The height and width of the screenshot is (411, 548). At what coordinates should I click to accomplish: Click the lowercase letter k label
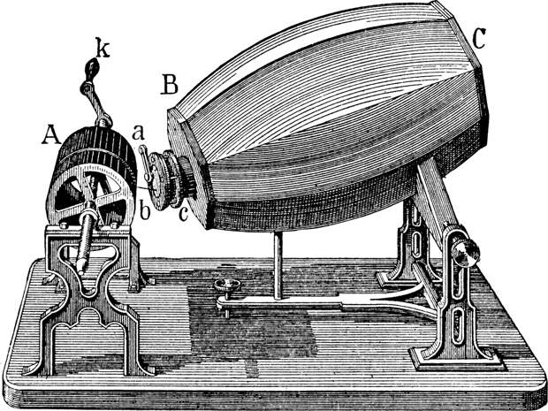tap(103, 49)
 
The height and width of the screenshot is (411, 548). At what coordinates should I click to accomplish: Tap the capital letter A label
tap(51, 135)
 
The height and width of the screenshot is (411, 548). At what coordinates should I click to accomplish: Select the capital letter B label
tap(170, 84)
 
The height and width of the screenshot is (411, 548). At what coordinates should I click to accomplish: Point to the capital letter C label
tap(478, 38)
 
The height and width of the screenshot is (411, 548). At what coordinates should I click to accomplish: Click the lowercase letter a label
tap(138, 133)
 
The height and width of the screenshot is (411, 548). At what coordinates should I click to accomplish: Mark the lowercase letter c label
tap(184, 214)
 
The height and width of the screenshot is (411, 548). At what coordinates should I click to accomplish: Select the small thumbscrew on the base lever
tap(227, 285)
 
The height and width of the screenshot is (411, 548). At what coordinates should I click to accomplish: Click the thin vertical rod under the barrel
tap(278, 266)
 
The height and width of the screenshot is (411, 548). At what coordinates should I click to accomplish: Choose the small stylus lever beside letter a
tap(145, 164)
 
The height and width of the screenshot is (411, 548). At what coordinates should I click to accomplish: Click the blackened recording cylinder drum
tap(95, 175)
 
